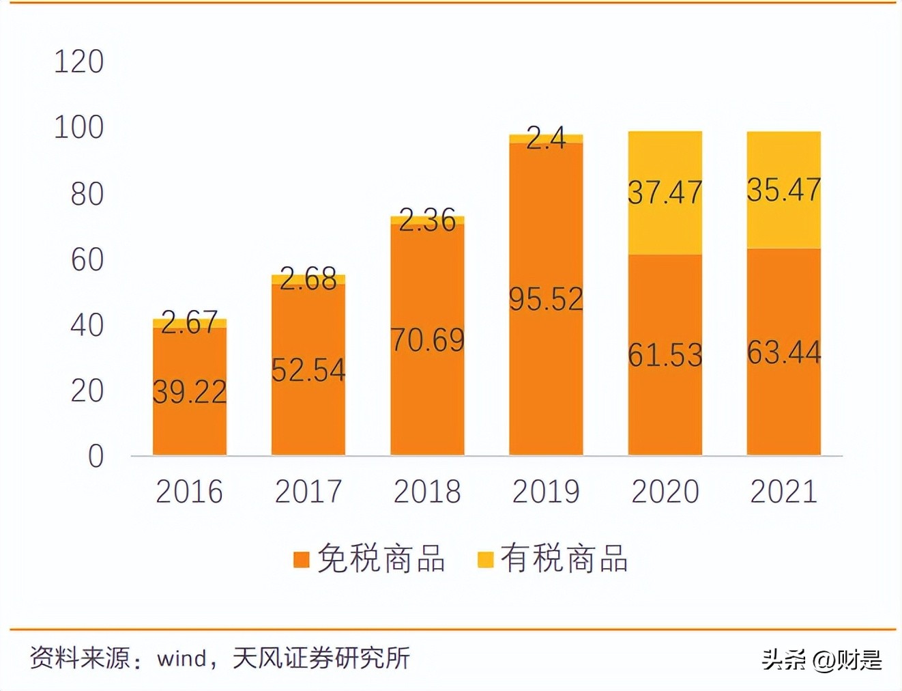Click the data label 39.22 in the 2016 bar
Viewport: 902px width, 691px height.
click(189, 392)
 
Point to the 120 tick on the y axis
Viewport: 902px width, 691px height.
click(78, 62)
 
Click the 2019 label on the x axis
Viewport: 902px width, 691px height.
click(546, 492)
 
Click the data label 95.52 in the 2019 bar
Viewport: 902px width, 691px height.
click(546, 300)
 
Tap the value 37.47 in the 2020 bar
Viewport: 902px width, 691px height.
click(665, 193)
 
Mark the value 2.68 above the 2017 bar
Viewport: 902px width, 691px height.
click(308, 279)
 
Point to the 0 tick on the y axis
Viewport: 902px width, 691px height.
click(96, 456)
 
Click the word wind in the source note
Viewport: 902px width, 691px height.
click(181, 659)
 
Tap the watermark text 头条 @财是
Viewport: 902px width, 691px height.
click(821, 660)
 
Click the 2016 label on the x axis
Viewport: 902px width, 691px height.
click(189, 492)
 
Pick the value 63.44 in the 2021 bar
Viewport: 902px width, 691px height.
click(783, 353)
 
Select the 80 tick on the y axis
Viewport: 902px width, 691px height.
click(87, 195)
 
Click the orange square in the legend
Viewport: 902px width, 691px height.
click(301, 560)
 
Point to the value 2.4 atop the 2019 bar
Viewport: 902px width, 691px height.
click(546, 139)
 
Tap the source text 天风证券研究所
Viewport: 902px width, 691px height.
click(321, 659)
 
